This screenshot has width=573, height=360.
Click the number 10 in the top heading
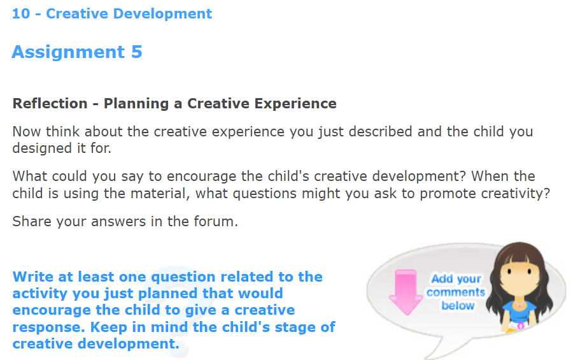click(x=21, y=13)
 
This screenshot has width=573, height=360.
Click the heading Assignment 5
click(x=77, y=52)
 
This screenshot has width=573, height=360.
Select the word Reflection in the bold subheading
click(x=50, y=103)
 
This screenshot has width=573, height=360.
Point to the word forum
click(x=215, y=222)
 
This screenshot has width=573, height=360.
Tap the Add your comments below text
click(x=456, y=292)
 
